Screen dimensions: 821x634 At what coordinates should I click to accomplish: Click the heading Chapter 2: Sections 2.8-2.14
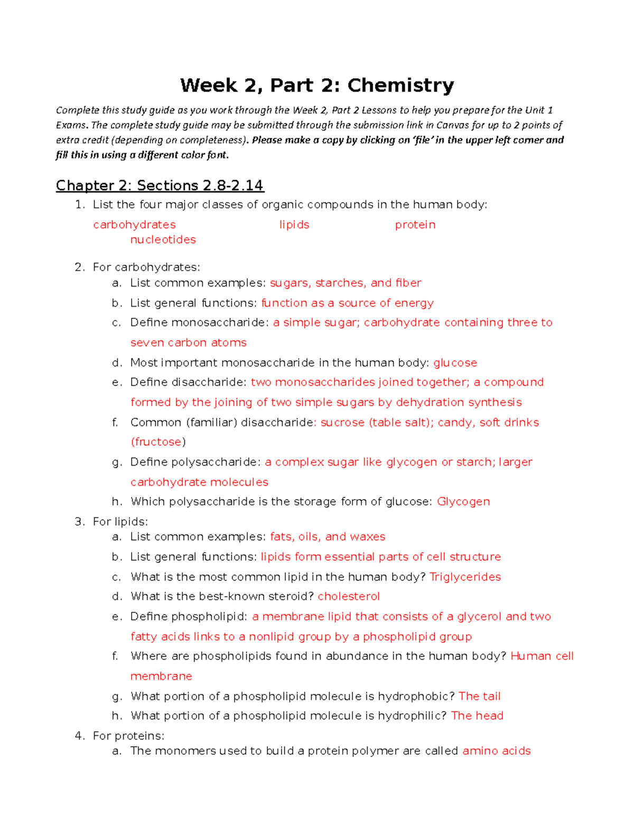(160, 186)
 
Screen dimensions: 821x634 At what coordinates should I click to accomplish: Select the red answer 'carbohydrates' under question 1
(134, 225)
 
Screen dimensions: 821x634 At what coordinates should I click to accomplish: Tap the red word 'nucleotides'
(163, 239)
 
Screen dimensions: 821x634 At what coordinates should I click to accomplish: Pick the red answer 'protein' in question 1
(415, 225)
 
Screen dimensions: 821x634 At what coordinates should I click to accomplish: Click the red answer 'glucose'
(455, 363)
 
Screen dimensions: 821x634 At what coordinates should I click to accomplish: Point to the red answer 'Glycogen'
(463, 501)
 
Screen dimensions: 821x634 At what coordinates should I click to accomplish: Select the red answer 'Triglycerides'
(465, 577)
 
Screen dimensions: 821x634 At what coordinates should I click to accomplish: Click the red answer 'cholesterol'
(349, 596)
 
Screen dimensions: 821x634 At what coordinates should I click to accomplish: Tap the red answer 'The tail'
(479, 696)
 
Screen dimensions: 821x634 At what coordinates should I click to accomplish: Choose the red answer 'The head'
(477, 716)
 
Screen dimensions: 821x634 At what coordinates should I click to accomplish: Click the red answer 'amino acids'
(496, 751)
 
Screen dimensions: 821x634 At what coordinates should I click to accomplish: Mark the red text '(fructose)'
(158, 442)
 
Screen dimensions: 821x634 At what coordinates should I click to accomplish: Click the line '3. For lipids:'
(111, 522)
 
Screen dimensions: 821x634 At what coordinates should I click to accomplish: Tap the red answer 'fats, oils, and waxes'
(328, 537)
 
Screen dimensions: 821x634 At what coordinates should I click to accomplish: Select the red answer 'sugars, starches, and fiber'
(346, 283)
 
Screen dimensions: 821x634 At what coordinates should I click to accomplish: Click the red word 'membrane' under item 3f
(161, 676)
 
